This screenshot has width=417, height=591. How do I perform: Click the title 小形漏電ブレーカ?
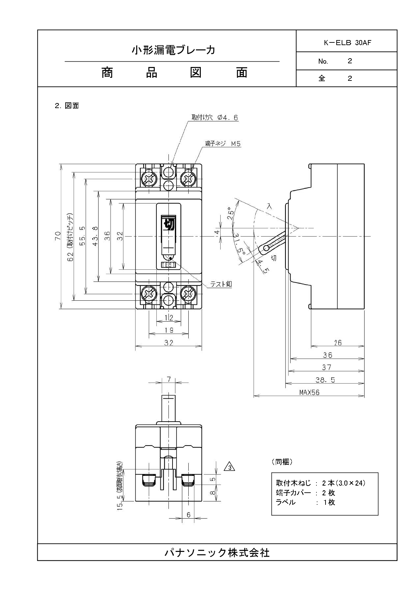(x=173, y=50)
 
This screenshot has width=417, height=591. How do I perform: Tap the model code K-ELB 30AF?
(x=347, y=43)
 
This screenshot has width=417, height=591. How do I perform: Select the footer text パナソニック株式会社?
(x=217, y=552)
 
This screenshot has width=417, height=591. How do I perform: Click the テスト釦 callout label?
(x=221, y=284)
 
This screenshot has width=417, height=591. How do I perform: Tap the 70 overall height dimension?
(x=58, y=236)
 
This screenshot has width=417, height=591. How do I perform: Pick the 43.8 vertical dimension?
(x=95, y=236)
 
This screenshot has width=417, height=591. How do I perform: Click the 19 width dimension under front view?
(x=169, y=330)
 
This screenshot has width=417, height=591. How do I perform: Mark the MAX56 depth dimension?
(x=309, y=392)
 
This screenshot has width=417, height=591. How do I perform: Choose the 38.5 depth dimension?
(x=325, y=380)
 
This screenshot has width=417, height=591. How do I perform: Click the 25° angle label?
(x=231, y=213)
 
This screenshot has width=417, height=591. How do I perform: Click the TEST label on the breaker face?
(x=168, y=265)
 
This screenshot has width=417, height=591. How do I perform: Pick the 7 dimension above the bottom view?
(x=169, y=379)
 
